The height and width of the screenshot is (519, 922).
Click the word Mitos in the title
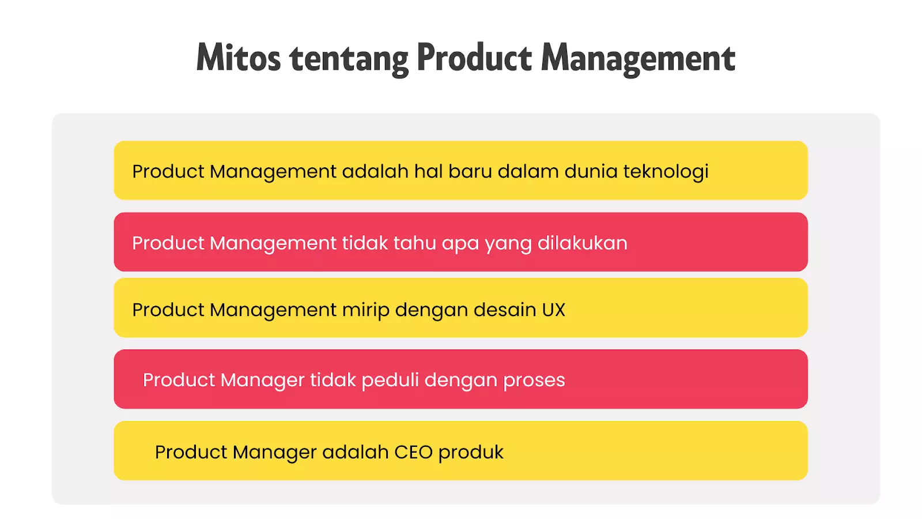[x=238, y=58]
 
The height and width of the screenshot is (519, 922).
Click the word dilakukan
[x=582, y=243]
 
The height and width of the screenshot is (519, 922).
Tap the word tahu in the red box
[x=414, y=243]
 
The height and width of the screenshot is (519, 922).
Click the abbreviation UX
[x=553, y=310]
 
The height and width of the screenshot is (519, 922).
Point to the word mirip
[x=365, y=310]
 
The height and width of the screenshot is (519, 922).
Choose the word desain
[x=505, y=310]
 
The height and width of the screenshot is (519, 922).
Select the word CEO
[x=413, y=452]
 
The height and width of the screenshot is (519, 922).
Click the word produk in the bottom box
[x=471, y=453]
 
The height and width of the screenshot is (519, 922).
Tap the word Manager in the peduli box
[x=262, y=381]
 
